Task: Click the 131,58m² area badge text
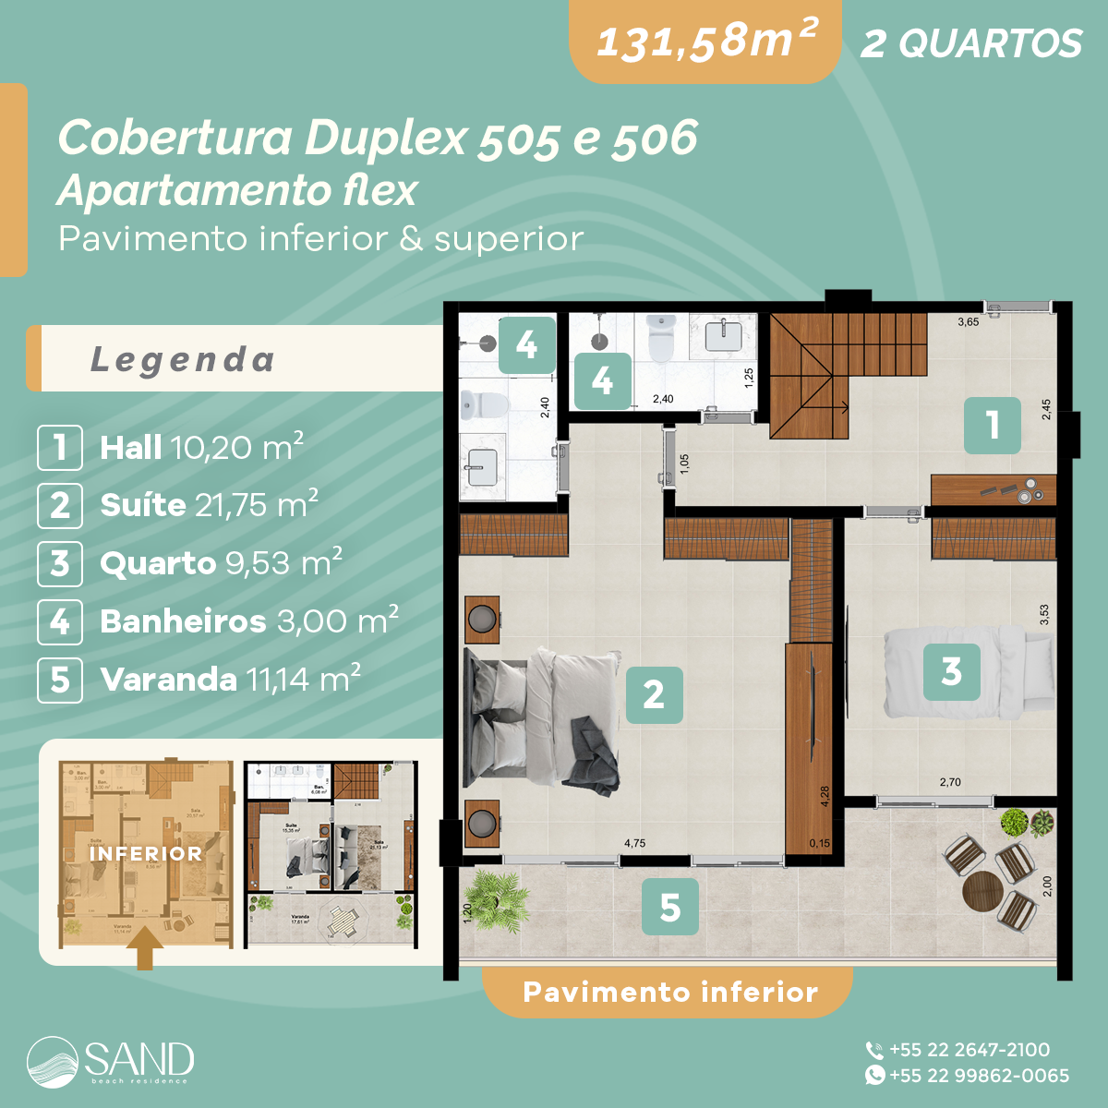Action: (706, 42)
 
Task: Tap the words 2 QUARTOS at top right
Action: (970, 43)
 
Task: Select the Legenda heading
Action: (183, 359)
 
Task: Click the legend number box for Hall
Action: (60, 448)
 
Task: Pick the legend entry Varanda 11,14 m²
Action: (230, 680)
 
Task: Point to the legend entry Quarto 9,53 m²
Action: (221, 563)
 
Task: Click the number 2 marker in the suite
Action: (654, 694)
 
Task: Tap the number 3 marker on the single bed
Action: (952, 671)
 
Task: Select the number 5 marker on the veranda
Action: (670, 907)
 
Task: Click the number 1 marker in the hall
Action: (993, 426)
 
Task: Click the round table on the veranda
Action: (982, 892)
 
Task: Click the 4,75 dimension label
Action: (634, 843)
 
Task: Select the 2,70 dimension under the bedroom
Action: (950, 782)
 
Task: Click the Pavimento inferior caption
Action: (670, 993)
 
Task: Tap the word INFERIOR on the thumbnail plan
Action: (145, 854)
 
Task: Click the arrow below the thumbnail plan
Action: (145, 949)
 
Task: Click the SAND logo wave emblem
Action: (54, 1062)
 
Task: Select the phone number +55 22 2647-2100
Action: (969, 1050)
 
